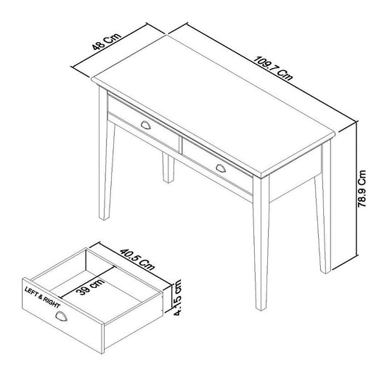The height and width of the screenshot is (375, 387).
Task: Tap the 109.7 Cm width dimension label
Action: pyautogui.click(x=273, y=68)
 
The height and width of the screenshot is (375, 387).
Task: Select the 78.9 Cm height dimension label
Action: pyautogui.click(x=362, y=189)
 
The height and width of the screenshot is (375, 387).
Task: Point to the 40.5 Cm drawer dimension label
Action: pyautogui.click(x=137, y=260)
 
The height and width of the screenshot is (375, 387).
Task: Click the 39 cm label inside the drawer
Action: pyautogui.click(x=90, y=287)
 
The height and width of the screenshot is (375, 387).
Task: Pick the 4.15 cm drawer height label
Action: pyautogui.click(x=178, y=297)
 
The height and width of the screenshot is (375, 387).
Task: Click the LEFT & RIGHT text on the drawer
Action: pyautogui.click(x=42, y=297)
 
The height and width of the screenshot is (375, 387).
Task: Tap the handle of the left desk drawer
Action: pyautogui.click(x=146, y=125)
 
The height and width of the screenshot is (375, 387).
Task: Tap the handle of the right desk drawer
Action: pyautogui.click(x=221, y=168)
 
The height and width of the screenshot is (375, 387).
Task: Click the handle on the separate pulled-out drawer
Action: pyautogui.click(x=61, y=316)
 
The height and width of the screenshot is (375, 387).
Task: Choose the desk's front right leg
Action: pyautogui.click(x=261, y=243)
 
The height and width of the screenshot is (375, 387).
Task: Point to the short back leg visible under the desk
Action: pyautogui.click(x=168, y=168)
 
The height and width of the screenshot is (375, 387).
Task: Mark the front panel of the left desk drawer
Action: pyautogui.click(x=144, y=123)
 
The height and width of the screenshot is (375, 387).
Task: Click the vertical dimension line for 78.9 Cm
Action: pyautogui.click(x=357, y=189)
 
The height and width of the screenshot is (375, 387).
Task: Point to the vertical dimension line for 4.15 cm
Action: pyautogui.click(x=171, y=297)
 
